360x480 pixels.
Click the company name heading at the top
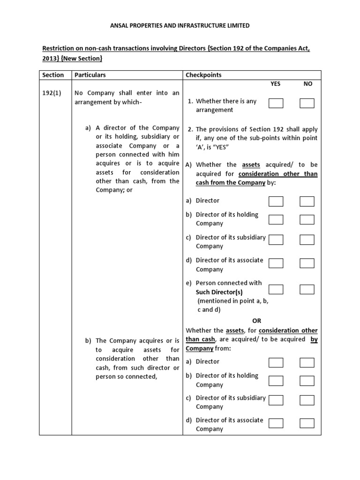point(180,26)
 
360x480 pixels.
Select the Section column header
point(52,75)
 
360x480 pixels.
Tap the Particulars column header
point(90,75)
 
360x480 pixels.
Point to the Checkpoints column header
point(203,75)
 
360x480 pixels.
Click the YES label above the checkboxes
point(276,84)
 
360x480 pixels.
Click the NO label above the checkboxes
point(307,84)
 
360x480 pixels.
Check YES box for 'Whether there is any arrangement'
point(276,103)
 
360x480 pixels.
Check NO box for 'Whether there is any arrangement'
point(307,103)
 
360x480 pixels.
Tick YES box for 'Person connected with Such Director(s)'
point(276,289)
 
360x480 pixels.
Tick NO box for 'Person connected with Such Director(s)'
point(307,289)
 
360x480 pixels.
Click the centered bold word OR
point(257,321)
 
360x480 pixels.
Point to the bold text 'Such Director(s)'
point(219,292)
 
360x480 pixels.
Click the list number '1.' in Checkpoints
point(190,101)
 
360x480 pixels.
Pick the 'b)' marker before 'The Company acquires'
point(88,341)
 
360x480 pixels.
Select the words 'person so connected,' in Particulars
point(126,376)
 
